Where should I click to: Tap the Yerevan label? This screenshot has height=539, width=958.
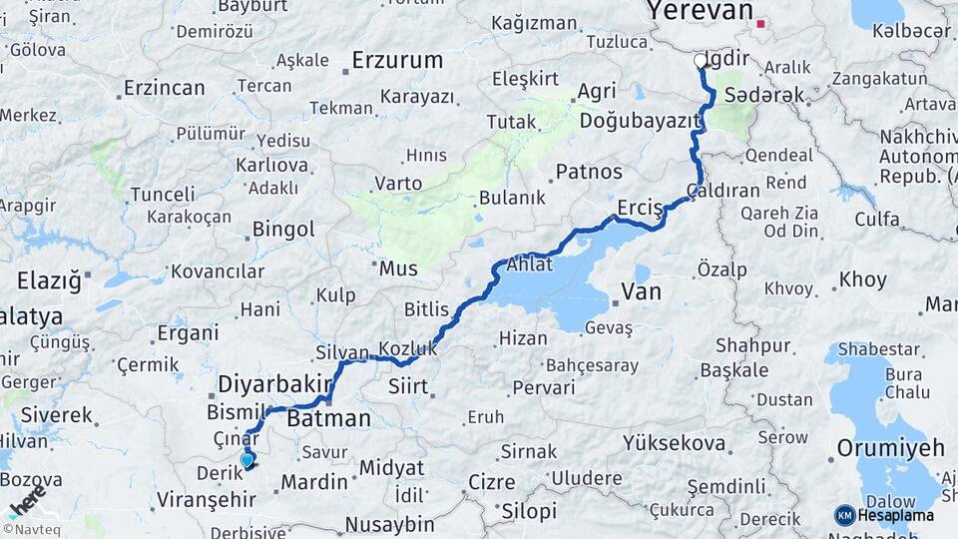(x=699, y=11)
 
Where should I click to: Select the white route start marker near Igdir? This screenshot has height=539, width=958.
(x=701, y=61)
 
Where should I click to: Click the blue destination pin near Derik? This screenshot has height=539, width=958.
(x=247, y=460)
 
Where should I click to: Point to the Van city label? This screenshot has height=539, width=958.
(x=641, y=291)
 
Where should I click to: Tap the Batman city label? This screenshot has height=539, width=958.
(x=328, y=419)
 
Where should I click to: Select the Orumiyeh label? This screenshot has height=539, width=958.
(x=890, y=447)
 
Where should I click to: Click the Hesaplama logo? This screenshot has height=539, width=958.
(x=885, y=515)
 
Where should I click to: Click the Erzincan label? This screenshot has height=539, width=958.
(x=164, y=89)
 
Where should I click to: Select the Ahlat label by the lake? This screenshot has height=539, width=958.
(x=529, y=266)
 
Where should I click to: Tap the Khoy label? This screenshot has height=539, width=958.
(x=863, y=280)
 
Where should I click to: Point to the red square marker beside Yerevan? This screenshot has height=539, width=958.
(x=761, y=23)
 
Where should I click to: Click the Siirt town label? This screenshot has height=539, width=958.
(x=407, y=385)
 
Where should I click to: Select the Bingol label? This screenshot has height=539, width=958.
(x=283, y=230)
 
